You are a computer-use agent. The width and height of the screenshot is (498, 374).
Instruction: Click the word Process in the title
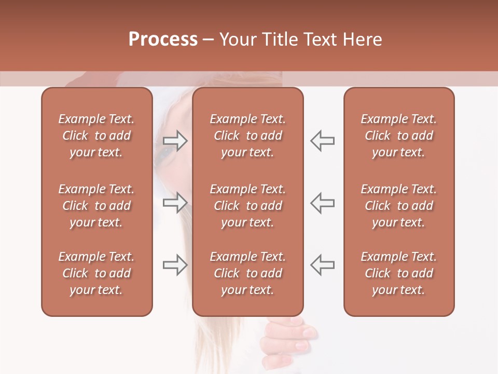pyautogui.click(x=163, y=39)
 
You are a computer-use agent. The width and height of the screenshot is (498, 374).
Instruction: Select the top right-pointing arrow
pyautogui.click(x=175, y=140)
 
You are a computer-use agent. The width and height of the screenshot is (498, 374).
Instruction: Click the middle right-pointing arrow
pyautogui.click(x=175, y=203)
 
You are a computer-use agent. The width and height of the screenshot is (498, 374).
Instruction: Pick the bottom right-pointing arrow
pyautogui.click(x=175, y=265)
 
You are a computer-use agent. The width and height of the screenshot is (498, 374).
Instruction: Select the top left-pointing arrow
pyautogui.click(x=322, y=140)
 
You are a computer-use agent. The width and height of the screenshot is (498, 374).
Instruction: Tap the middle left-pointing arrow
pyautogui.click(x=322, y=203)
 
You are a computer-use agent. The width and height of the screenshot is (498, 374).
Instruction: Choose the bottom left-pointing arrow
pyautogui.click(x=322, y=265)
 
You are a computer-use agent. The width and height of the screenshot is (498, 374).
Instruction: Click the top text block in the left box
pyautogui.click(x=96, y=136)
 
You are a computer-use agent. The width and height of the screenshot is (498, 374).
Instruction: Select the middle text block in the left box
pyautogui.click(x=96, y=206)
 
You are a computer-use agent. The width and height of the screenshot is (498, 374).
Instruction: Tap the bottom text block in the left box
pyautogui.click(x=96, y=273)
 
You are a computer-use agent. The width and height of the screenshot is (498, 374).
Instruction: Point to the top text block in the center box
pyautogui.click(x=247, y=136)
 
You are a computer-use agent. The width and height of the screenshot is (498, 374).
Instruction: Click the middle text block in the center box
pyautogui.click(x=247, y=206)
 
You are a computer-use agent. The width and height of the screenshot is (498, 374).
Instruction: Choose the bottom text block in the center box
pyautogui.click(x=247, y=273)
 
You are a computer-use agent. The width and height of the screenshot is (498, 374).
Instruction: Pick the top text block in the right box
pyautogui.click(x=399, y=136)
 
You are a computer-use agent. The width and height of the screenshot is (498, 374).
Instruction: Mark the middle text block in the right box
pyautogui.click(x=399, y=206)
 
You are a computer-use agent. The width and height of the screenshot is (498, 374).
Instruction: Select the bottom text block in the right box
pyautogui.click(x=399, y=273)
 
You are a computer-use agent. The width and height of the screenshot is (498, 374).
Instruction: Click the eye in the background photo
pyautogui.click(x=167, y=152)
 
